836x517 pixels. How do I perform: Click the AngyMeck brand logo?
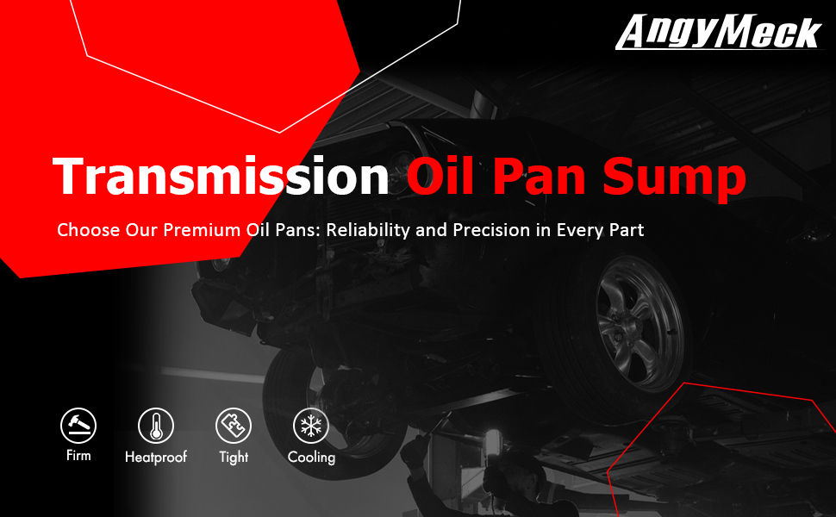[x=720, y=32]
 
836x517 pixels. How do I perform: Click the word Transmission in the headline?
[x=221, y=177]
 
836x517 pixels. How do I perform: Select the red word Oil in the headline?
[x=440, y=176]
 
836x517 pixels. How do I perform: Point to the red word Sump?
[x=675, y=179]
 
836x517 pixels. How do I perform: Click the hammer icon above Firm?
[x=78, y=426]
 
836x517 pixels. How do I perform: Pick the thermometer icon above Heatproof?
[x=156, y=426]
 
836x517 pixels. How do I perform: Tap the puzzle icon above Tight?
[x=234, y=426]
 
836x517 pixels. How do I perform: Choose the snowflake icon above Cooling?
[x=311, y=426]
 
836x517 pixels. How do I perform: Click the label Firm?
[x=78, y=456]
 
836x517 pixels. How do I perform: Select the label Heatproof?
[x=156, y=457]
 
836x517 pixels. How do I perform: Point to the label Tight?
[x=234, y=458]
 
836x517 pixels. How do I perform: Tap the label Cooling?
[x=311, y=458]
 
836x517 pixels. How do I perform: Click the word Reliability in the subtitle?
[x=368, y=230]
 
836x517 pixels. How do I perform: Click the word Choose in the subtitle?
[x=89, y=230]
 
